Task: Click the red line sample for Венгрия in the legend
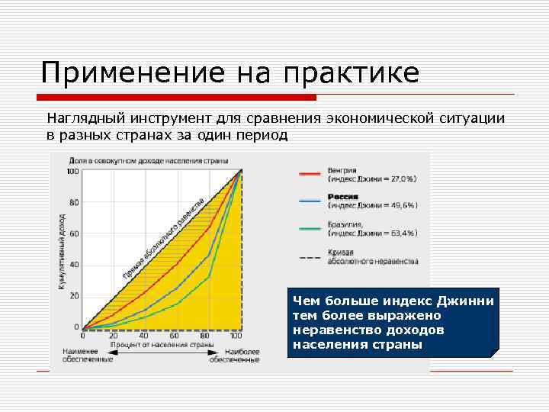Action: pyautogui.click(x=309, y=174)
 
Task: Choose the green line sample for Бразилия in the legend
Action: pyautogui.click(x=309, y=228)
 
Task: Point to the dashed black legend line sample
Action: pyautogui.click(x=309, y=258)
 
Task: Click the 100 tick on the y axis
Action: pyautogui.click(x=73, y=172)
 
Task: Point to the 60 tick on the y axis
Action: pyautogui.click(x=74, y=234)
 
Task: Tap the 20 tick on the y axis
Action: pyautogui.click(x=74, y=296)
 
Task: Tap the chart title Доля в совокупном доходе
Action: pyautogui.click(x=149, y=162)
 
